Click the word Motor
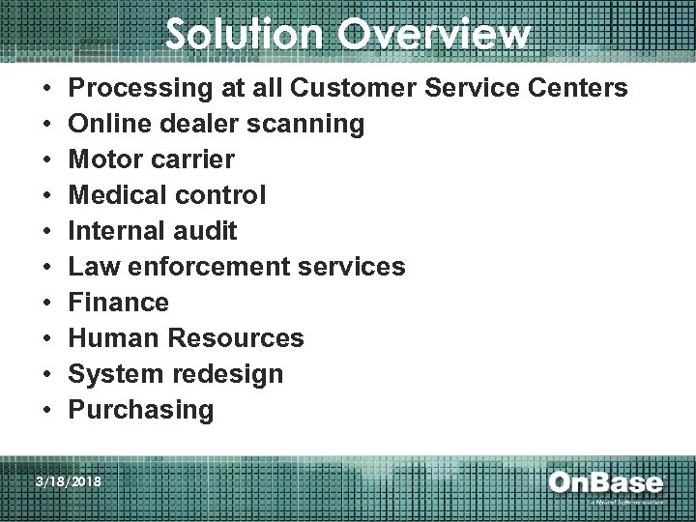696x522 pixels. pyautogui.click(x=104, y=159)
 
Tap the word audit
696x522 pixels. pyautogui.click(x=205, y=231)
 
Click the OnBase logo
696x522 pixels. pyautogui.click(x=606, y=483)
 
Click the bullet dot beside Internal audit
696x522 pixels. pyautogui.click(x=48, y=232)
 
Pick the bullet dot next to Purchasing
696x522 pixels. pyautogui.click(x=48, y=410)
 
